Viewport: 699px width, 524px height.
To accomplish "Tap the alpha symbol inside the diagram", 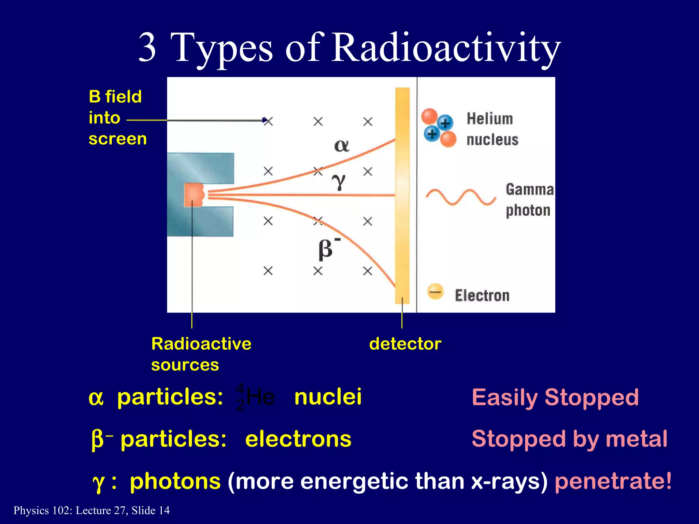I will pos(341,146).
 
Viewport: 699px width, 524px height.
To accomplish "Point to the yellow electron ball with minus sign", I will pos(435,292).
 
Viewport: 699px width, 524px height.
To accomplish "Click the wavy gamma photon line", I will pos(461,197).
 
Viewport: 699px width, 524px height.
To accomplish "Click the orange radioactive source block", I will pos(194,195).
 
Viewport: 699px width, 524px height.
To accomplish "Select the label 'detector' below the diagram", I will pos(405,344).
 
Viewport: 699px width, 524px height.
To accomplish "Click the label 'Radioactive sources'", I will pos(201,354).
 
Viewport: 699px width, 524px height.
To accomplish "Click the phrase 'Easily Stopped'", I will pos(555,397).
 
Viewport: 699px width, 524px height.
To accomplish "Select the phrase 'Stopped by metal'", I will pos(569,439).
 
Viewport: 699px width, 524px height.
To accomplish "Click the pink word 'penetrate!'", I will pos(613,481).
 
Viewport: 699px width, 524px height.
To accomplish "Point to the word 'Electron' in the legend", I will pos(482,295).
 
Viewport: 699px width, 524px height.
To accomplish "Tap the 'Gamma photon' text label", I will pos(529,200).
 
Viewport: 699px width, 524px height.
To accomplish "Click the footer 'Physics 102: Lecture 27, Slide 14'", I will pos(91,510).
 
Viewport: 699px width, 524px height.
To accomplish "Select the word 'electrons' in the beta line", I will pos(298,439).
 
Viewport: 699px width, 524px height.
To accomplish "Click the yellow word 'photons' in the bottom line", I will pos(175,481).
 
